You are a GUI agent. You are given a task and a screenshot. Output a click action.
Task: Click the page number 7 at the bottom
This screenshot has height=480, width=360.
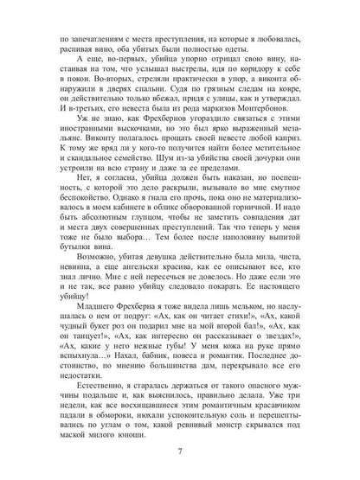(180, 450)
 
